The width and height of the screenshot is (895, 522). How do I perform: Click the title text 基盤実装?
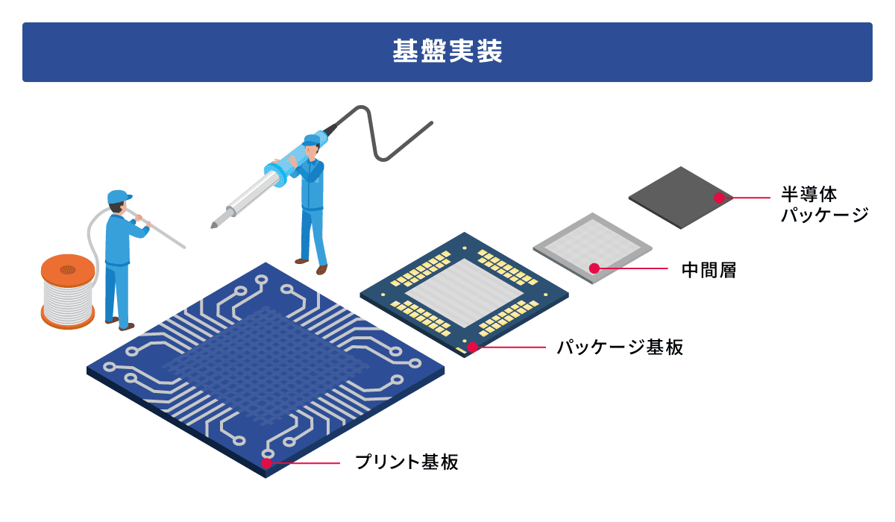(447, 51)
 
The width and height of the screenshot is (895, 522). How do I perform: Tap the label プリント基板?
(406, 462)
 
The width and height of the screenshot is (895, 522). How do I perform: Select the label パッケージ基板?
(620, 347)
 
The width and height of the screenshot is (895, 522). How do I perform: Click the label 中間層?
(709, 270)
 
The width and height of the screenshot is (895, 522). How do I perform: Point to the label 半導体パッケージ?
(825, 204)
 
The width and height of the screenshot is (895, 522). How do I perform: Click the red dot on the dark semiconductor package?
(719, 198)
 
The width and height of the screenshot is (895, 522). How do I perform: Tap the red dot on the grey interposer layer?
(594, 268)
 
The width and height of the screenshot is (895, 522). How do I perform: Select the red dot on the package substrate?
(473, 347)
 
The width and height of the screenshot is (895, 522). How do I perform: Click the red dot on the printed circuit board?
(266, 463)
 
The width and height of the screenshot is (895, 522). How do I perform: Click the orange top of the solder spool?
(68, 271)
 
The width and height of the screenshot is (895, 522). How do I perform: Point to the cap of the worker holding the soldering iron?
(312, 139)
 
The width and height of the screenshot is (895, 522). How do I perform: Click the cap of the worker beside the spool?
(119, 197)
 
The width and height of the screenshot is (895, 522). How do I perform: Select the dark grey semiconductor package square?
(681, 198)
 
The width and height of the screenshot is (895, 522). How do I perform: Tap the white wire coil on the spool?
(67, 301)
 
